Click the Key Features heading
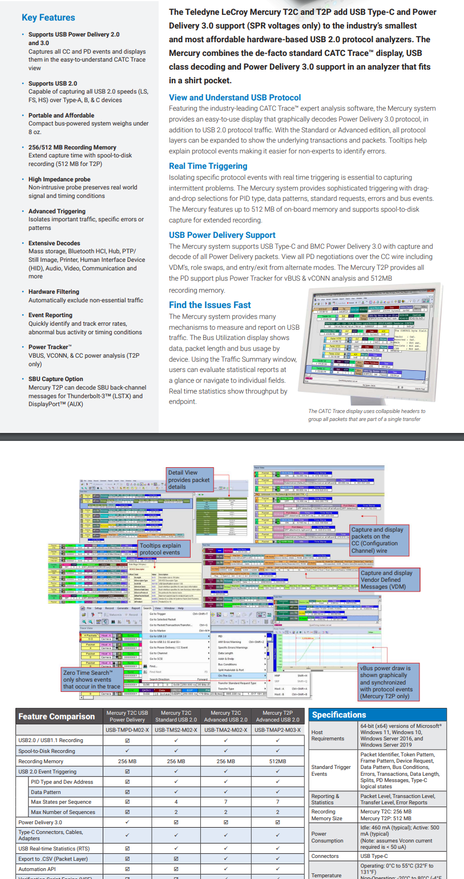tap(48, 18)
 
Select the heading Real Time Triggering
tap(208, 166)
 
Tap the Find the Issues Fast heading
tap(209, 305)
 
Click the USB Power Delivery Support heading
tap(222, 235)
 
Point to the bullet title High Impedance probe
tap(59, 179)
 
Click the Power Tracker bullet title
tap(50, 347)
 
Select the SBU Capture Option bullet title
tap(55, 379)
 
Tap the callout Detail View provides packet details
tap(189, 480)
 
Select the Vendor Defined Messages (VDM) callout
tap(389, 580)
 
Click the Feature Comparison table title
tap(57, 716)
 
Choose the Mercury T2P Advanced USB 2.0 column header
tap(277, 716)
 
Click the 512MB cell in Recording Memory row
tap(277, 761)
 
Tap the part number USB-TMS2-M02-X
tap(176, 730)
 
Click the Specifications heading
tap(339, 715)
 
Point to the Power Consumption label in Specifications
tap(327, 837)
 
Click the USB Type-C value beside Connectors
tap(374, 856)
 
